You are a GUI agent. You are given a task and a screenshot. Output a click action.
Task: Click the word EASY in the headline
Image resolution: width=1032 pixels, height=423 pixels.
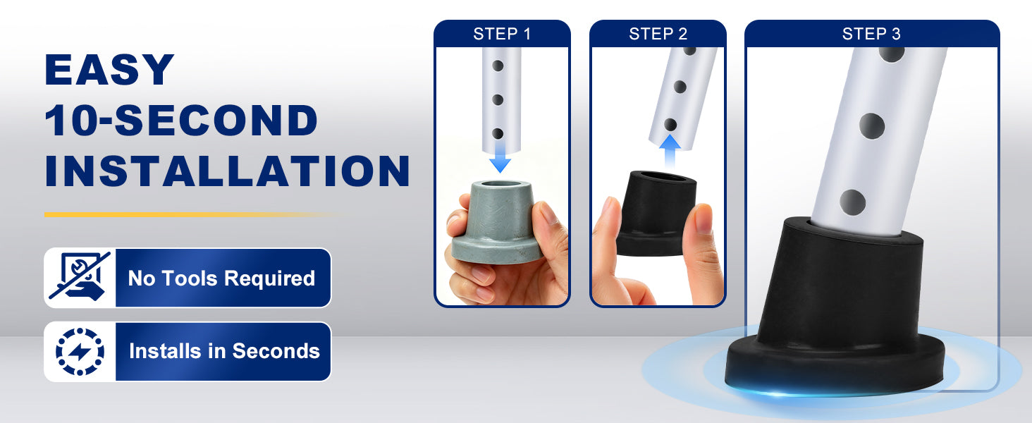point(109,69)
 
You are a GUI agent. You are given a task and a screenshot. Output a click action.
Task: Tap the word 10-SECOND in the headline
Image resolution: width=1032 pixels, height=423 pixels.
point(181,120)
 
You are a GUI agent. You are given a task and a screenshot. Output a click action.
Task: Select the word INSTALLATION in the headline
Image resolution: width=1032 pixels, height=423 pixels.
point(227,171)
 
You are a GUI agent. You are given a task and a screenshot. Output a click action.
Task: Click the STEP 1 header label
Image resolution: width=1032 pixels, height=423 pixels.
point(502,34)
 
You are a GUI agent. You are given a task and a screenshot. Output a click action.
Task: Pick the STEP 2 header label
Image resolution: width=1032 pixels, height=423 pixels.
point(658,34)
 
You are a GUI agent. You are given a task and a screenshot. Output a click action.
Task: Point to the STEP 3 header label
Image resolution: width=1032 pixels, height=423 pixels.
point(871,34)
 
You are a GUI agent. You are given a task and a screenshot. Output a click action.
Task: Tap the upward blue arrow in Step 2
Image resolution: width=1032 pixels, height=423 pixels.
point(670,152)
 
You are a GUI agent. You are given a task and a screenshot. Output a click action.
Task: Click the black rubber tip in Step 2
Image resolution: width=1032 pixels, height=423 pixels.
point(656,213)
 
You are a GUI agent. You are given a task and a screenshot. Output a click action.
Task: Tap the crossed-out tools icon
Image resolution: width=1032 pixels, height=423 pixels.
point(80,277)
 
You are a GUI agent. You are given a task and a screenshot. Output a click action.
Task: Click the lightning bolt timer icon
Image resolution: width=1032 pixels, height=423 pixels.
point(80,352)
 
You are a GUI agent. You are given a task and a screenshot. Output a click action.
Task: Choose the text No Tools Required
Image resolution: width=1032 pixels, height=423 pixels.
point(221,278)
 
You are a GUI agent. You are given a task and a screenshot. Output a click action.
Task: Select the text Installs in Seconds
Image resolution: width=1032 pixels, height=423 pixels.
point(224,351)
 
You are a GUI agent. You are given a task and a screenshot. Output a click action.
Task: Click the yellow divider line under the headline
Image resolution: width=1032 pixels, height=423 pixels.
point(193,215)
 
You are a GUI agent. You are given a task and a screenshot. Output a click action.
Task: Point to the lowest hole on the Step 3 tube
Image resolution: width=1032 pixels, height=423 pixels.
point(852,202)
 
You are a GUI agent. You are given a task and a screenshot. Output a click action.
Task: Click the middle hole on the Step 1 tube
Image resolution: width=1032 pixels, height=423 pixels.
point(498,99)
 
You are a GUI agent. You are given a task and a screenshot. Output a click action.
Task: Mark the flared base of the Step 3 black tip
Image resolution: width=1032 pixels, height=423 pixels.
point(835,367)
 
